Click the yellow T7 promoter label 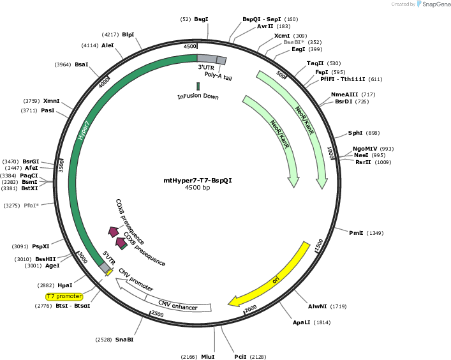coord(64,296)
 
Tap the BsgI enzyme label coord(201,19)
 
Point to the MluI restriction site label coord(208,357)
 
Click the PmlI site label coord(356,233)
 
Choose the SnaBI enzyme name coord(124,340)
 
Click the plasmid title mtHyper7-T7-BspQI coord(198,181)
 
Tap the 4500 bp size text coord(198,187)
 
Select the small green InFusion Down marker coord(198,86)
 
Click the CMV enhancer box coord(178,304)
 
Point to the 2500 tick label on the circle coord(158,313)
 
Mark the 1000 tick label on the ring coord(330,153)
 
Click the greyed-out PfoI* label coord(31,206)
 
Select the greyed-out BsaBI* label coord(293,42)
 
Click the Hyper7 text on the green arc coord(84,130)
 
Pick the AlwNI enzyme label coord(317,306)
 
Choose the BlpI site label coord(128,34)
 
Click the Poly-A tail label coord(218,76)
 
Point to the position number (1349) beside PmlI coord(375,233)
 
